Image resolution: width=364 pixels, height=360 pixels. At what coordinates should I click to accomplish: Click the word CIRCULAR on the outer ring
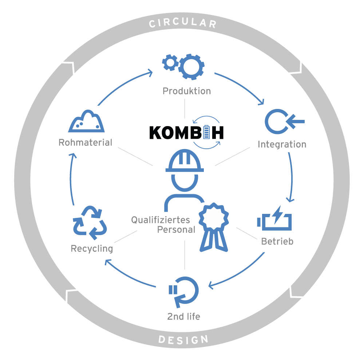pos(183,24)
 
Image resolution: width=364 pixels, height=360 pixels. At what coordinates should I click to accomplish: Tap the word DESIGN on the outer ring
pos(183,340)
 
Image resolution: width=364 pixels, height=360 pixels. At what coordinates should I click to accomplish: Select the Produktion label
pos(186,91)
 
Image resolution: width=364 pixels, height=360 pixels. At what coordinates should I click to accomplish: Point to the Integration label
pos(282,144)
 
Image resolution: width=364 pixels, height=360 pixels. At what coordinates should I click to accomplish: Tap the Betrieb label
pos(277,241)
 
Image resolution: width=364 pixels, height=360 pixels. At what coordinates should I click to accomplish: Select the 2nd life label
pos(183,316)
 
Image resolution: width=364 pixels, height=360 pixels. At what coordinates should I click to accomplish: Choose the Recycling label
pos(92,249)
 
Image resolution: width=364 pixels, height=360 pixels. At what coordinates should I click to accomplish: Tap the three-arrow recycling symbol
pos(90,222)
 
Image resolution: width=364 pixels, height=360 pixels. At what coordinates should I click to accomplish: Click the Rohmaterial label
pos(85,142)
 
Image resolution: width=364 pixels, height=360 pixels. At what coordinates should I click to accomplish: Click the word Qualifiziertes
pos(161,220)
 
